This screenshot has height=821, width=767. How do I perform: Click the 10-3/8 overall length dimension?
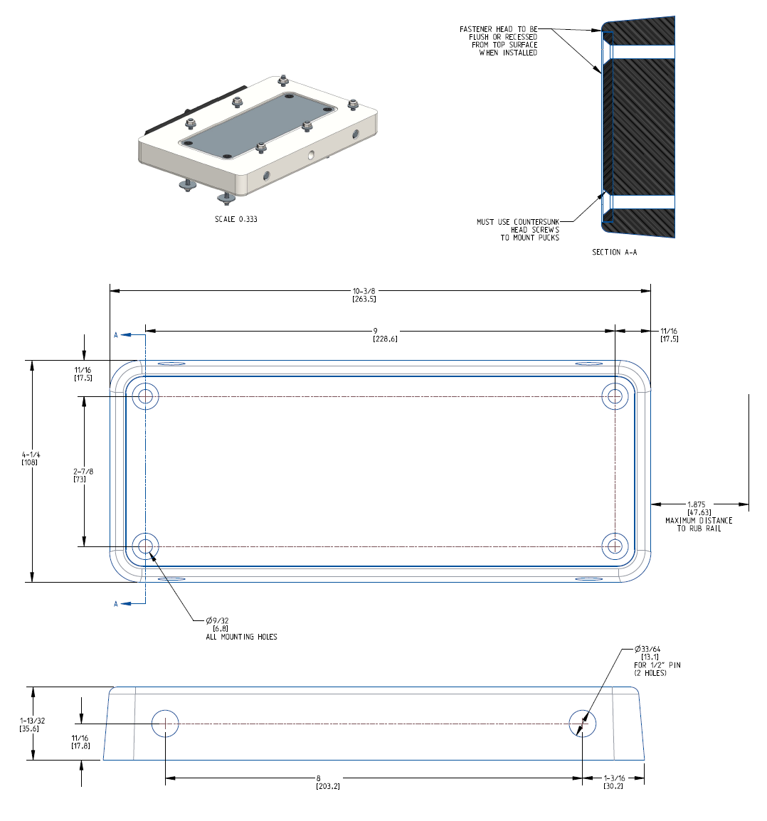pyautogui.click(x=364, y=295)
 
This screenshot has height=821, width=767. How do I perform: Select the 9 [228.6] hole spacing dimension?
pyautogui.click(x=385, y=334)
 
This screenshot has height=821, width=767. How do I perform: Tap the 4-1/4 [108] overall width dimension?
pyautogui.click(x=30, y=458)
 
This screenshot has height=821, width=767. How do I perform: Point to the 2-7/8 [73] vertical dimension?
pyautogui.click(x=83, y=475)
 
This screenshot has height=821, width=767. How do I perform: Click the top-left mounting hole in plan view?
pyautogui.click(x=145, y=396)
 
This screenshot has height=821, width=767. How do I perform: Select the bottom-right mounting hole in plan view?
pyautogui.click(x=615, y=546)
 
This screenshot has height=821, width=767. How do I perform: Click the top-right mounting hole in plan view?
pyautogui.click(x=615, y=396)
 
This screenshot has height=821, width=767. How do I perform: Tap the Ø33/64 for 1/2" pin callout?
pyautogui.click(x=656, y=661)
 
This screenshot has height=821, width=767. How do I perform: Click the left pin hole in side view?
pyautogui.click(x=165, y=724)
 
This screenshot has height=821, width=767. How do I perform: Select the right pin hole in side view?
pyautogui.click(x=582, y=724)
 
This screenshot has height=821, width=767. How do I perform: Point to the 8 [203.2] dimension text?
pyautogui.click(x=327, y=782)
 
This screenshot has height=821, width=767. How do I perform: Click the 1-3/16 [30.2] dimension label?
pyautogui.click(x=613, y=782)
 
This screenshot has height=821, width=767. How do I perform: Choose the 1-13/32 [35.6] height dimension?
pyautogui.click(x=31, y=724)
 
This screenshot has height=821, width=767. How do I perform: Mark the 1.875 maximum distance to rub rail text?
pyautogui.click(x=699, y=517)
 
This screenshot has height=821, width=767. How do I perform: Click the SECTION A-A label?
pyautogui.click(x=614, y=252)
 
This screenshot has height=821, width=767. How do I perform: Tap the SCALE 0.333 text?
pyautogui.click(x=236, y=219)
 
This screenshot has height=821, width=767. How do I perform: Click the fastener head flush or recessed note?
pyautogui.click(x=499, y=41)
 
